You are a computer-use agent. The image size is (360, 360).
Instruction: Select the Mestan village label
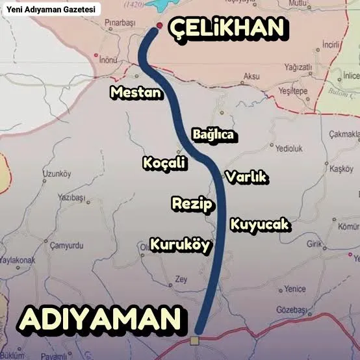click(135, 93)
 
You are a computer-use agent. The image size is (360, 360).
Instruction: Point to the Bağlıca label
click(212, 135)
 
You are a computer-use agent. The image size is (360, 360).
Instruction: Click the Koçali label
click(164, 163)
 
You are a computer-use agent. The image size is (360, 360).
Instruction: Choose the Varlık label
click(246, 177)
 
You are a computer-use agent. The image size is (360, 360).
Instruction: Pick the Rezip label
click(192, 204)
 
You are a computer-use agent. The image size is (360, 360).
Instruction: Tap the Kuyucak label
click(259, 225)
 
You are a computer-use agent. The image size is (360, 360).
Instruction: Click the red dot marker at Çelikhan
click(159, 27)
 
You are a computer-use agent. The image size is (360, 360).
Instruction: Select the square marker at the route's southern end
click(194, 341)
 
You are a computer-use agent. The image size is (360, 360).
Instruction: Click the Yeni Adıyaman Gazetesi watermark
click(51, 10)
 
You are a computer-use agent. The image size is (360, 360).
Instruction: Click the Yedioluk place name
click(289, 148)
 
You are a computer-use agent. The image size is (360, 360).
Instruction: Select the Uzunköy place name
click(55, 174)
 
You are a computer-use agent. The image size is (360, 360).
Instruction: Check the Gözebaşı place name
click(291, 310)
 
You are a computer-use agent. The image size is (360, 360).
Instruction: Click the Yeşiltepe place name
click(292, 92)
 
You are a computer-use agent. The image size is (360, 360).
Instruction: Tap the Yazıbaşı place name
click(71, 196)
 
